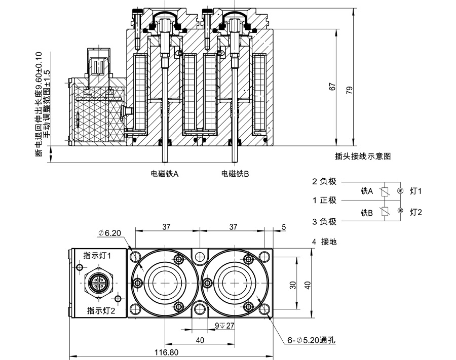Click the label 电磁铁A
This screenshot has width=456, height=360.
165,174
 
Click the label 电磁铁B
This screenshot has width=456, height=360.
235,174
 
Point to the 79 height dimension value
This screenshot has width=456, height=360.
349,90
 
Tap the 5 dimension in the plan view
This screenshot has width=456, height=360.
284,227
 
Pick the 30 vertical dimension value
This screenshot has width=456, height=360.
292,285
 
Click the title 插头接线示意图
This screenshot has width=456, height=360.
363,156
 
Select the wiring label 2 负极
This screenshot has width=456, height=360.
324,181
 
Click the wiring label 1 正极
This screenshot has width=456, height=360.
324,200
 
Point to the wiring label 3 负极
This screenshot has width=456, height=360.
324,221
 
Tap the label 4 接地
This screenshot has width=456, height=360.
325,242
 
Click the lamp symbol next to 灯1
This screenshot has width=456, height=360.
400,191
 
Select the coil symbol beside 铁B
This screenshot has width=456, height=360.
386,212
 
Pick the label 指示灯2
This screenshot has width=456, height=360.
101,310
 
